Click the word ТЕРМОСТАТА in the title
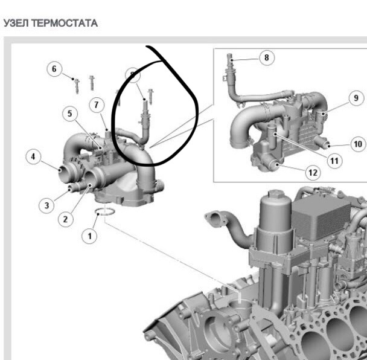click(x=65, y=23)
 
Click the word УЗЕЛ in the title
click(x=16, y=23)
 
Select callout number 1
click(x=89, y=236)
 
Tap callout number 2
click(x=66, y=219)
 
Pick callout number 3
click(x=46, y=205)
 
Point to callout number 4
click(x=33, y=156)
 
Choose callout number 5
click(x=70, y=114)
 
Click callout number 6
click(x=54, y=69)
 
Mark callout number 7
click(x=97, y=104)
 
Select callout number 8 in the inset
click(x=267, y=57)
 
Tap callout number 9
click(x=356, y=98)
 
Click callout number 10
click(x=359, y=144)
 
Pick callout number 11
click(x=334, y=161)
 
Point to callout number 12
click(x=313, y=173)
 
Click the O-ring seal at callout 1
click(x=105, y=209)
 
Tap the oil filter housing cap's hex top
click(x=276, y=194)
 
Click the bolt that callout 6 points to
click(x=77, y=86)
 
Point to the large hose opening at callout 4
click(x=65, y=174)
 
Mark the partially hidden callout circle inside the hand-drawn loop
click(x=133, y=75)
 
